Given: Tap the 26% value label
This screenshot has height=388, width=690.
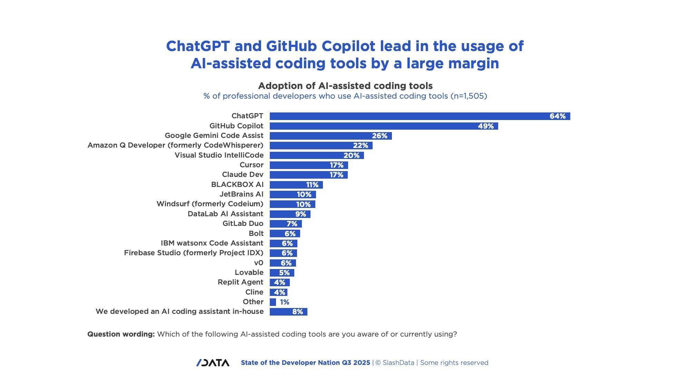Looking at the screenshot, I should [x=379, y=136].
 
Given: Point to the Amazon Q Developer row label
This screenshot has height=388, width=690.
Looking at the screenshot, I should [x=175, y=145].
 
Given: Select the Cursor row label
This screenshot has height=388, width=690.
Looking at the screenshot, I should [x=252, y=165].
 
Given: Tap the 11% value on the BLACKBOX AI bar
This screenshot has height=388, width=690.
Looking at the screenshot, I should [x=312, y=185].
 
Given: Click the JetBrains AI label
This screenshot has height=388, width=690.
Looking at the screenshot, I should [x=241, y=194].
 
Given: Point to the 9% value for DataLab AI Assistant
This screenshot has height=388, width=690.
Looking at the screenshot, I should [x=300, y=214].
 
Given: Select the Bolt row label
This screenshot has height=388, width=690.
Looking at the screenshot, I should [x=256, y=233].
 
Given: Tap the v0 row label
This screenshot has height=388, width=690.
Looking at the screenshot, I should [x=258, y=263].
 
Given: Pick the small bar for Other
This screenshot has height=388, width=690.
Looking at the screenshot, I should [x=273, y=302].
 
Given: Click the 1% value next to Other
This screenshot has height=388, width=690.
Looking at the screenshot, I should [x=285, y=302].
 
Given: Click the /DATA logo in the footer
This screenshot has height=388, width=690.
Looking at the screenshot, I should [x=213, y=362].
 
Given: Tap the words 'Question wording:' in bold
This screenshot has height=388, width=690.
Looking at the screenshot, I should [x=121, y=334].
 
